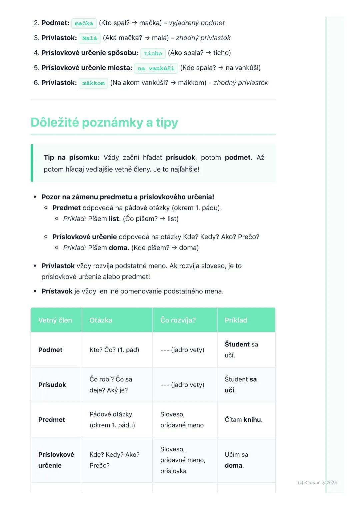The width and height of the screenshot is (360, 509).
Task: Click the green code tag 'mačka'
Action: pyautogui.click(x=84, y=23)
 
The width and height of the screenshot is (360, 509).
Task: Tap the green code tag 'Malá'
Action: pyautogui.click(x=90, y=38)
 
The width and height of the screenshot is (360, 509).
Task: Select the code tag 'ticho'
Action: pyautogui.click(x=153, y=53)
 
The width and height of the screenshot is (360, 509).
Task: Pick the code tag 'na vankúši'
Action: pyautogui.click(x=156, y=68)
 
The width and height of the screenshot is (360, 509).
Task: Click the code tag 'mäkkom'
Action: pyautogui.click(x=93, y=83)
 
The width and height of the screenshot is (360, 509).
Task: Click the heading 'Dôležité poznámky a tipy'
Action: pyautogui.click(x=104, y=123)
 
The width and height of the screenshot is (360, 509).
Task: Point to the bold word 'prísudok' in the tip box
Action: pyautogui.click(x=181, y=158)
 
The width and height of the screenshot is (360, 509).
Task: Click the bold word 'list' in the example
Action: pyautogui.click(x=114, y=219)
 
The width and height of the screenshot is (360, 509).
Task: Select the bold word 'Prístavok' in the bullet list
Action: pyautogui.click(x=57, y=291)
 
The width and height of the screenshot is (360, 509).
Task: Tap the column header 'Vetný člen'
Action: pyautogui.click(x=55, y=320)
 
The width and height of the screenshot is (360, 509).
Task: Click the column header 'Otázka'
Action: pyautogui.click(x=101, y=320)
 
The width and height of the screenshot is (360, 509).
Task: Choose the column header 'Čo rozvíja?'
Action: pyautogui.click(x=178, y=320)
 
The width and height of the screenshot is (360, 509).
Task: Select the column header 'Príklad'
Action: pyautogui.click(x=236, y=320)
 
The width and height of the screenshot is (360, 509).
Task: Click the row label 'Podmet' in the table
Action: pyautogui.click(x=50, y=350)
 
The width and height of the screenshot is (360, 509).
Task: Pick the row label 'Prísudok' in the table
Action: pyautogui.click(x=52, y=385)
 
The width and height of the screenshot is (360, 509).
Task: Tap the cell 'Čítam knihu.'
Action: pyautogui.click(x=244, y=420)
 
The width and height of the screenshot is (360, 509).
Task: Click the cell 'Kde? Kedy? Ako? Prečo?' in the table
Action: pyautogui.click(x=114, y=460)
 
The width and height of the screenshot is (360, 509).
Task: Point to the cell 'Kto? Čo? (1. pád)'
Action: pyautogui.click(x=114, y=350)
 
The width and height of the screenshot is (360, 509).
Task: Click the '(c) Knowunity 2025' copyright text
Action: pyautogui.click(x=317, y=483)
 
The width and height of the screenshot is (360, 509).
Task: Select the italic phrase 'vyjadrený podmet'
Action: pyautogui.click(x=197, y=23)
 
